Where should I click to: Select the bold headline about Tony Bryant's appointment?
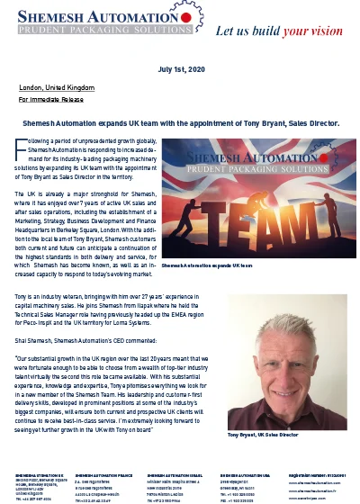tap(180, 121)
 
